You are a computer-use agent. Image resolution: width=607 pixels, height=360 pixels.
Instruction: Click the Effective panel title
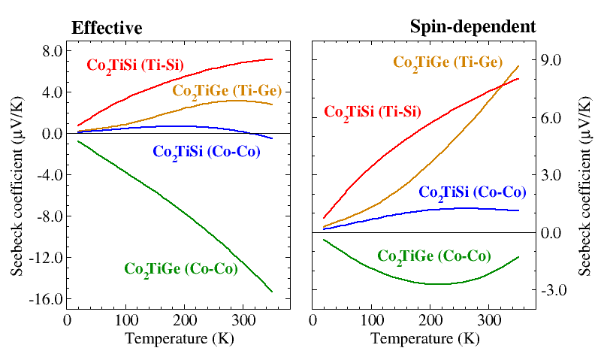click(107, 28)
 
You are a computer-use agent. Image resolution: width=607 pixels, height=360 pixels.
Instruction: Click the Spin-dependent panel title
click(473, 26)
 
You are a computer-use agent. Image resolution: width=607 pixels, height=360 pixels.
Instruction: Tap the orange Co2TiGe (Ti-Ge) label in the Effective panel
click(227, 91)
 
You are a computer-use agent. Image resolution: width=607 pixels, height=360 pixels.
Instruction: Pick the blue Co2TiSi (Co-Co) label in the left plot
click(207, 152)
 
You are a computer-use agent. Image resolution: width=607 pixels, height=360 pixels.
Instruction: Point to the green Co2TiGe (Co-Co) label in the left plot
click(180, 268)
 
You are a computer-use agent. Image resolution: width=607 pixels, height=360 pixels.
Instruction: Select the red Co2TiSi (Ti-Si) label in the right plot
click(373, 113)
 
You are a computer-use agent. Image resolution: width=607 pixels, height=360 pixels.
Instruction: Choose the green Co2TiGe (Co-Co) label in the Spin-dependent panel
click(434, 256)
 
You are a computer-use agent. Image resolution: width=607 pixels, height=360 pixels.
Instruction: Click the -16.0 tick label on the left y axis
click(41, 298)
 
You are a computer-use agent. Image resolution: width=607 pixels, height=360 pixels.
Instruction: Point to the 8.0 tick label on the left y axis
click(47, 51)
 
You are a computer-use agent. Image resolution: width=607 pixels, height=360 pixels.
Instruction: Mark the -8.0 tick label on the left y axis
click(44, 216)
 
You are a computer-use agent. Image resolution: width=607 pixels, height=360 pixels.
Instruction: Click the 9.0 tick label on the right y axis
click(552, 60)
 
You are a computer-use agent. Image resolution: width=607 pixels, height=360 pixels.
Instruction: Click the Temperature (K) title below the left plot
click(179, 338)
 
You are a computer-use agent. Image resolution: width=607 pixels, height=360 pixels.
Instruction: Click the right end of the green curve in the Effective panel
click(272, 292)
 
